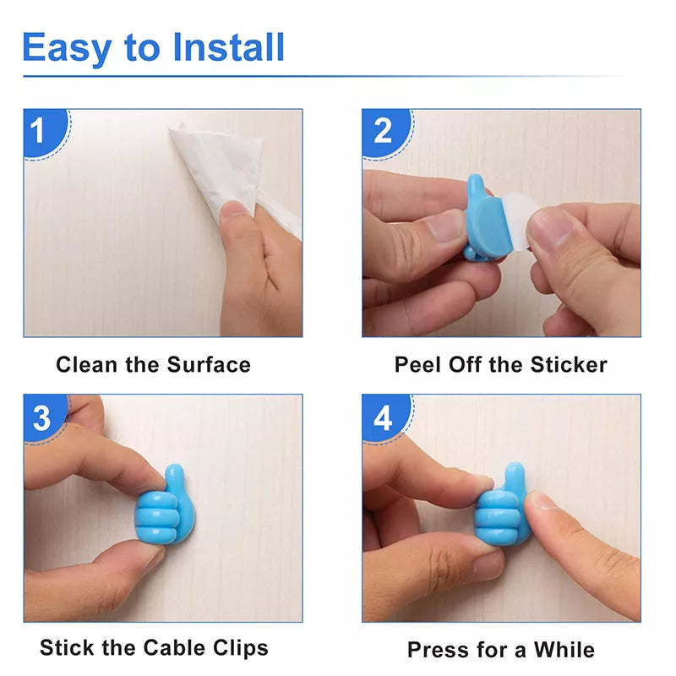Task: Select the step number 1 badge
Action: click(39, 131)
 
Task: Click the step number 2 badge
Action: click(382, 131)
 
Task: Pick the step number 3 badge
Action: click(41, 417)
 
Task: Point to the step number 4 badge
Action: click(383, 417)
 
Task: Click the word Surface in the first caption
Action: click(209, 365)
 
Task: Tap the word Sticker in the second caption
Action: click(569, 365)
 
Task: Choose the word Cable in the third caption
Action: click(172, 648)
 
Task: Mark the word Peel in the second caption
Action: click(416, 365)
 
